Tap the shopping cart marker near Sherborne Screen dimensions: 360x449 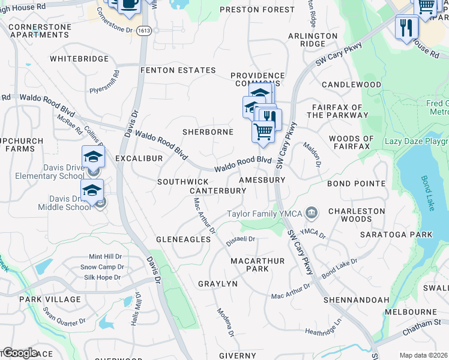point(263,131)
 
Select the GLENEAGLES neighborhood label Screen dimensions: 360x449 point(183,239)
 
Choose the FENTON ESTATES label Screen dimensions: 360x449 point(178,70)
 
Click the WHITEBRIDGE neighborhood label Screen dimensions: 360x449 point(79,59)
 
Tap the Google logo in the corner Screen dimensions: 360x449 point(19,353)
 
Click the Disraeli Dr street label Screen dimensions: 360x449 point(241,239)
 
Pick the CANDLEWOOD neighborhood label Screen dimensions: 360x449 point(351,85)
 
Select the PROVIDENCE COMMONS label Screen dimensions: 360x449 point(258,79)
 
